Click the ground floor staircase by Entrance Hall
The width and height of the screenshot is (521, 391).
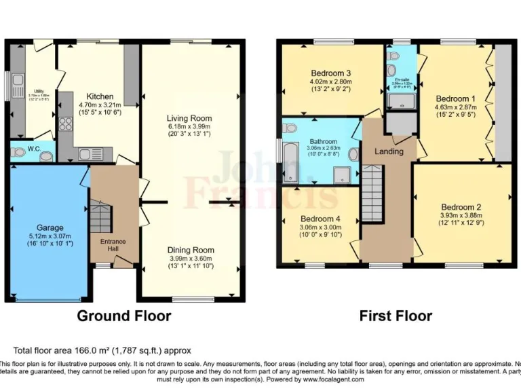99,217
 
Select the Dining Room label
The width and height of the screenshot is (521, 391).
191,250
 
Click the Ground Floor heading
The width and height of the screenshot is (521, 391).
123,316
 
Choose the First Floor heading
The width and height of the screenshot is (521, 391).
396,316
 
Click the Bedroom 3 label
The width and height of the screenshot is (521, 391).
331,73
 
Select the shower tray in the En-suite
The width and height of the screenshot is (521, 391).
400,102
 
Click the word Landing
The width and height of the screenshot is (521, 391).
389,151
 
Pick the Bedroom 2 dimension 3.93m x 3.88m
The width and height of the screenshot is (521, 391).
461,217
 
